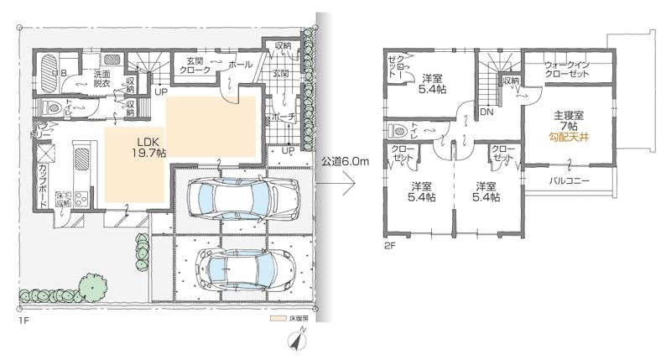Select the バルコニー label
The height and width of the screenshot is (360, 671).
(x=570, y=180)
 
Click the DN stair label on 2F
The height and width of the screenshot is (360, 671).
(x=486, y=110)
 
